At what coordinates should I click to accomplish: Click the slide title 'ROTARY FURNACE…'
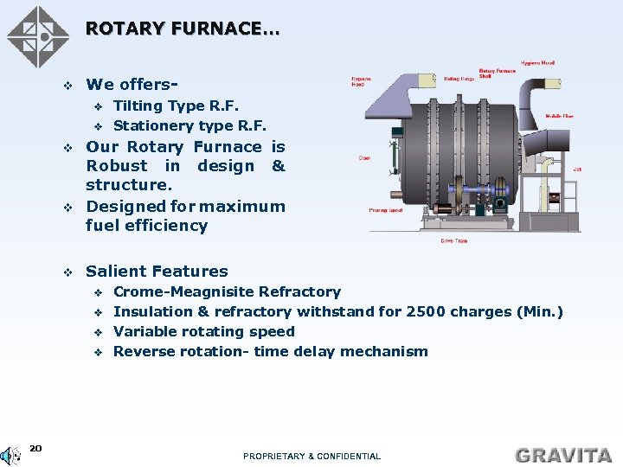[x=182, y=29]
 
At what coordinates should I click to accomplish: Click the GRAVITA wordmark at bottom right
[x=563, y=454]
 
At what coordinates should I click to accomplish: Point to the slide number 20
[x=35, y=448]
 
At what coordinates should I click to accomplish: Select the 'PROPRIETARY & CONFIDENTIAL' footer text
[x=311, y=456]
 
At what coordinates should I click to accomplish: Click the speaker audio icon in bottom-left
[x=10, y=455]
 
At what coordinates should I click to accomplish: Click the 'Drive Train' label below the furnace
[x=453, y=240]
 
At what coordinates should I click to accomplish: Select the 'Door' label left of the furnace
[x=364, y=158]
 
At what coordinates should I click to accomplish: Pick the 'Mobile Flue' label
[x=558, y=116]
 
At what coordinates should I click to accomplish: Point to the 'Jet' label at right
[x=576, y=170]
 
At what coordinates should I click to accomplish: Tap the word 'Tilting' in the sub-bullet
[x=137, y=106]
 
